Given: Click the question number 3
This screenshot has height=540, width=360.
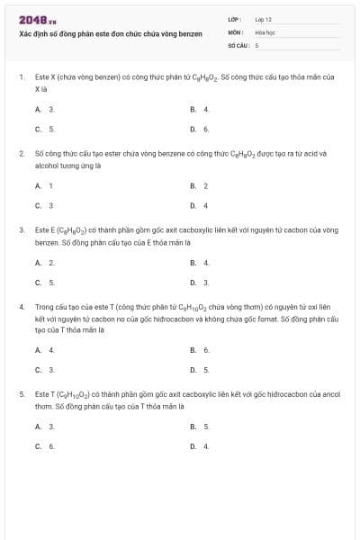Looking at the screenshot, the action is click(21, 229).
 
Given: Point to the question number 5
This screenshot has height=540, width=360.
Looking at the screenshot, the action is click(21, 394).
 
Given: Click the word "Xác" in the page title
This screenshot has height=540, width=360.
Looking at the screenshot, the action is click(25, 32).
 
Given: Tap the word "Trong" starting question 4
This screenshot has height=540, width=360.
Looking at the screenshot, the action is click(45, 307).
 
